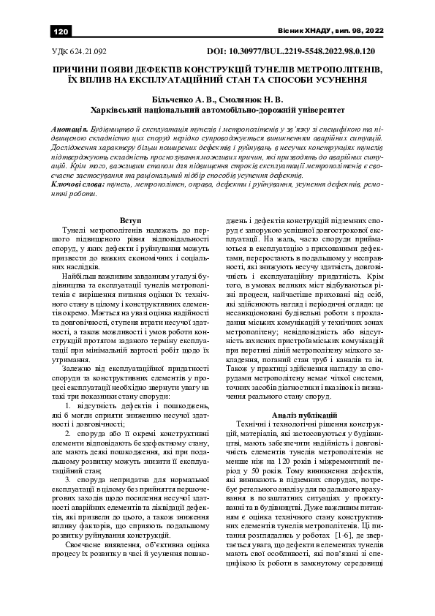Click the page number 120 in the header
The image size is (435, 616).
(x=61, y=31)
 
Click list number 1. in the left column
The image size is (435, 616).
(x=68, y=405)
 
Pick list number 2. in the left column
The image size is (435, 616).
(x=68, y=433)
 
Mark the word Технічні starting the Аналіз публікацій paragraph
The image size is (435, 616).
(x=254, y=424)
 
